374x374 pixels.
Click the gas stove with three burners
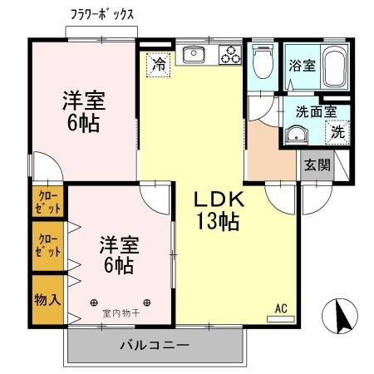coord(229,55)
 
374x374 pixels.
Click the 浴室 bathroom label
coord(301,66)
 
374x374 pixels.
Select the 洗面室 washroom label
coord(317,110)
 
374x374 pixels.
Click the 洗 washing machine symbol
coord(337,130)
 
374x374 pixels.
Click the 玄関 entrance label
coord(317,165)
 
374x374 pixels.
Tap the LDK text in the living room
coord(219,200)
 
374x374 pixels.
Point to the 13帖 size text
coord(219,222)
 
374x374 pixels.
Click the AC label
coord(281,309)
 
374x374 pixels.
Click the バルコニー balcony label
coord(155,344)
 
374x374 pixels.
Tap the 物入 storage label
coord(47,298)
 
